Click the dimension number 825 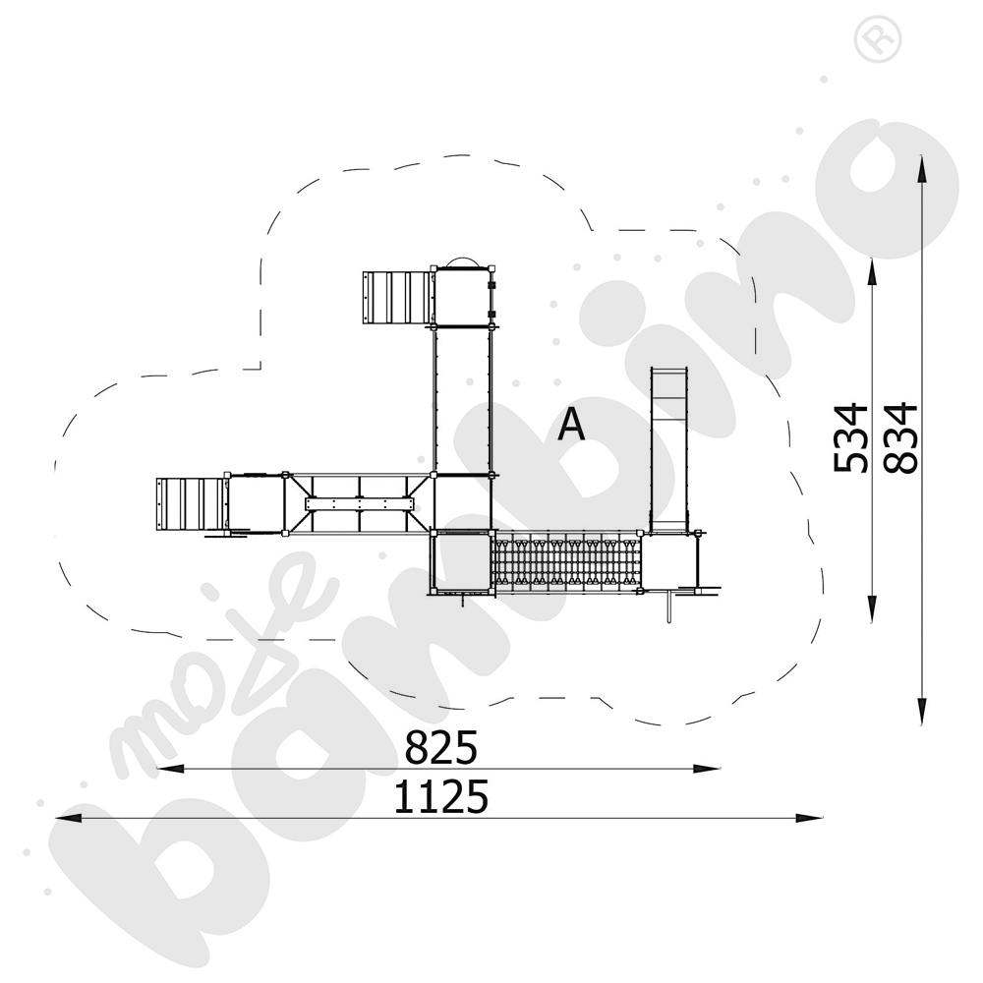(440, 747)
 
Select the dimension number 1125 (440, 797)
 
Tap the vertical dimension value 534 (850, 438)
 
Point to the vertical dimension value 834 (900, 438)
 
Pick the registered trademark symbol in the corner (877, 39)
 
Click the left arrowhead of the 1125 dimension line (69, 818)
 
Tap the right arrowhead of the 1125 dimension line (809, 818)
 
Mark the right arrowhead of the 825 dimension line (707, 768)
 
